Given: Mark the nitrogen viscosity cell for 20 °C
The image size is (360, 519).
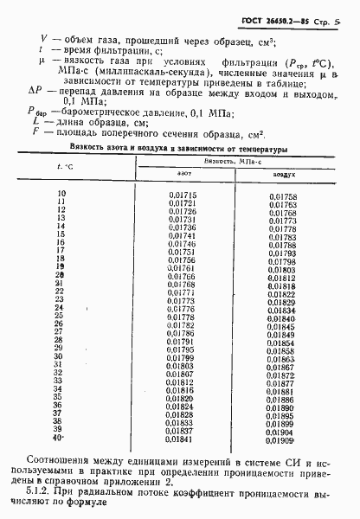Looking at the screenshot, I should pos(181,276).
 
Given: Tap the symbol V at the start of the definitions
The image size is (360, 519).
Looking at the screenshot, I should pos(42,39).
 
